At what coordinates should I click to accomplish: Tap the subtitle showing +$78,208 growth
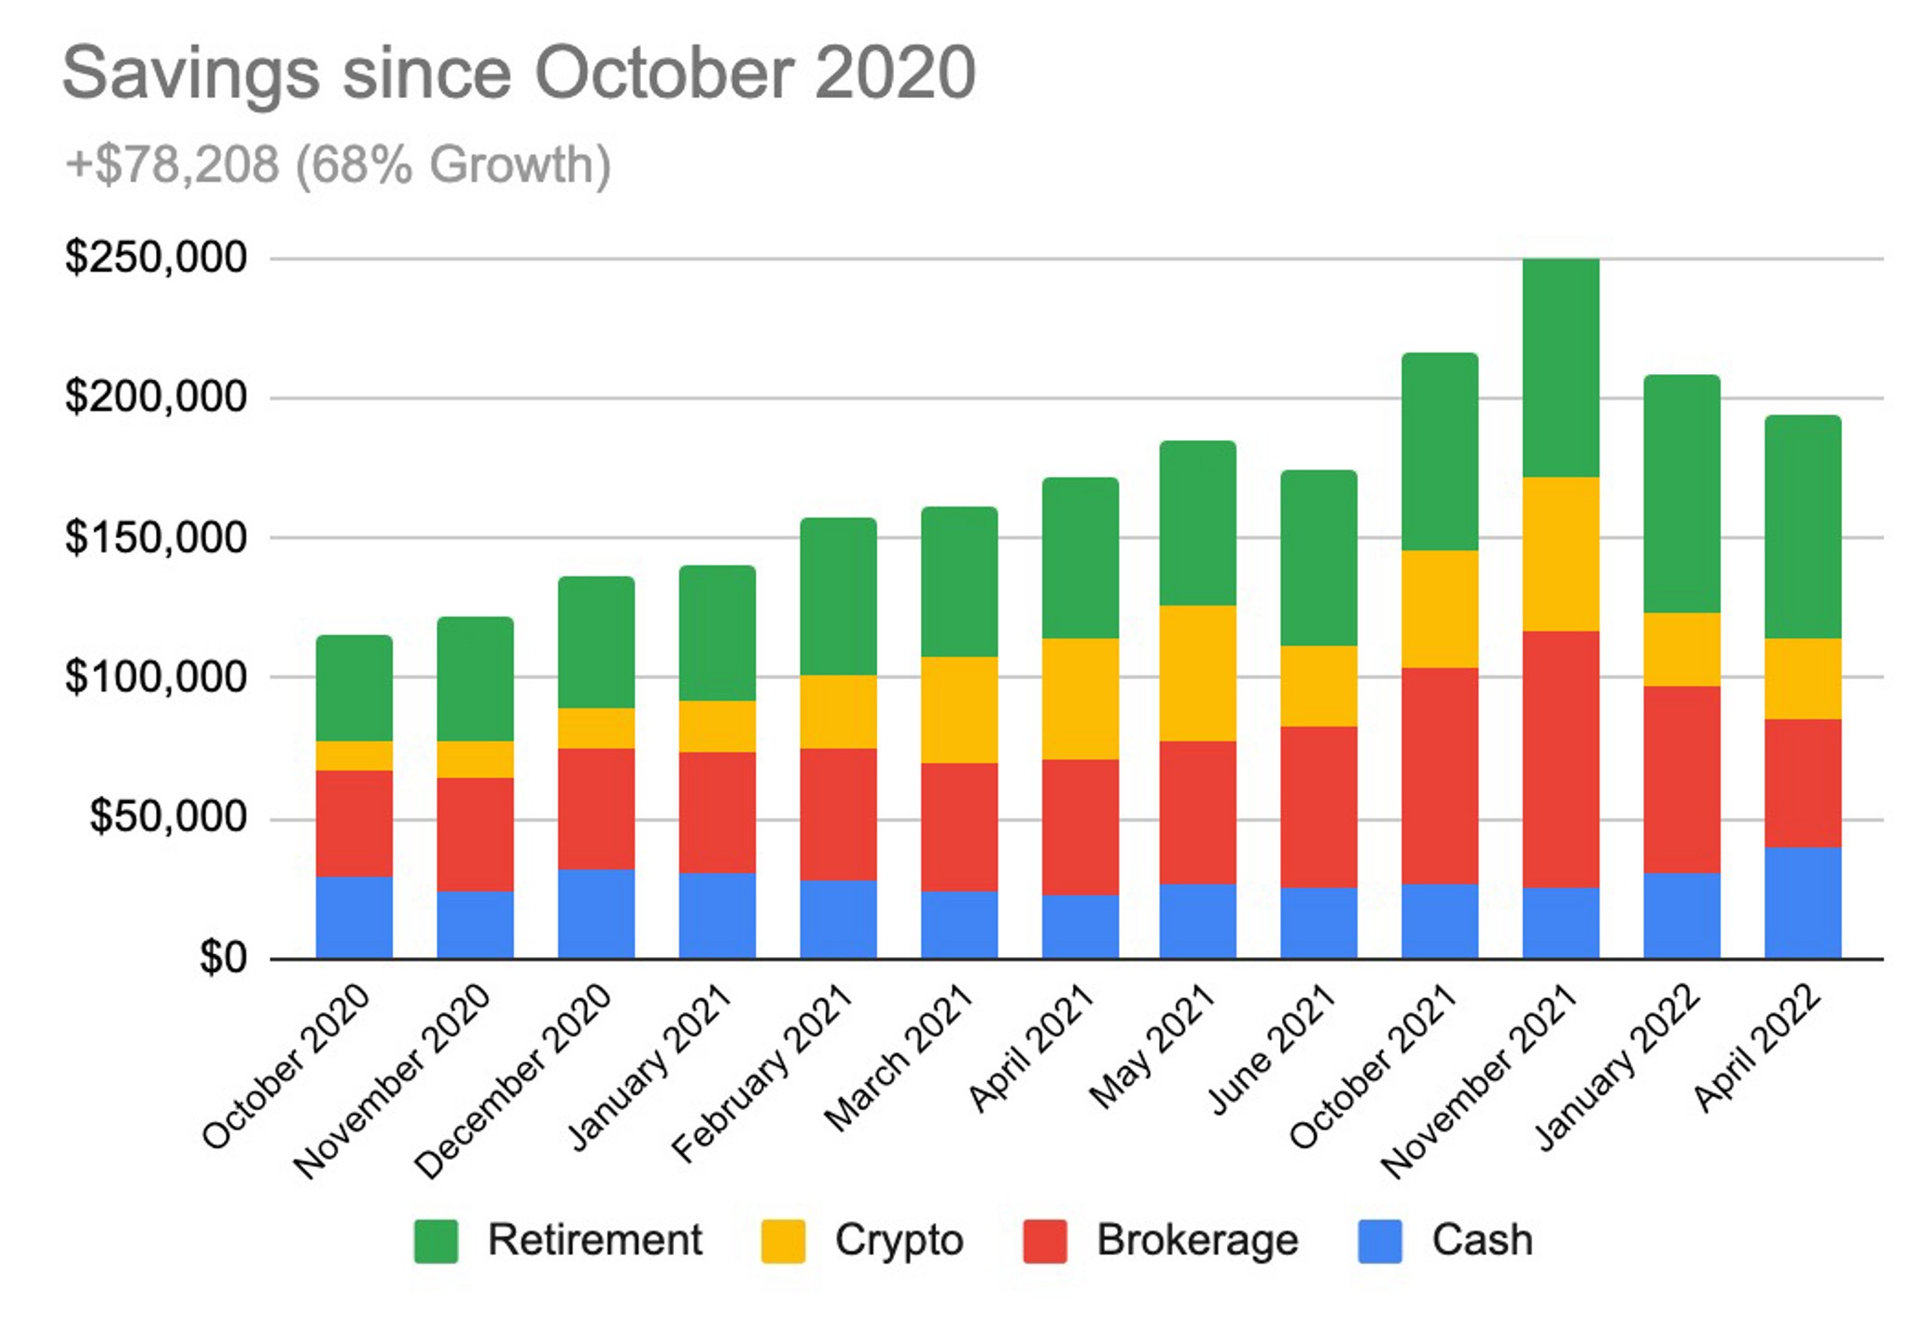pyautogui.click(x=338, y=165)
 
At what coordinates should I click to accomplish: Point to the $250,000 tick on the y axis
pyautogui.click(x=156, y=258)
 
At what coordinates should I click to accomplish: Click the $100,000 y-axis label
pyautogui.click(x=156, y=677)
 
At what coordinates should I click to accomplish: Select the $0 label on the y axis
pyautogui.click(x=223, y=958)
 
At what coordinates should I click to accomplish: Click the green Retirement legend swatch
pyautogui.click(x=436, y=1242)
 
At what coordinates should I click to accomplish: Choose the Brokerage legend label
pyautogui.click(x=1197, y=1241)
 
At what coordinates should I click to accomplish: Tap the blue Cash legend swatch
pyautogui.click(x=1379, y=1242)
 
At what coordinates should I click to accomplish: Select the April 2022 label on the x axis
pyautogui.click(x=1757, y=1049)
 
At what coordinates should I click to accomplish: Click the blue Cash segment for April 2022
pyautogui.click(x=1803, y=902)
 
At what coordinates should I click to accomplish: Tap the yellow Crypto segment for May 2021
pyautogui.click(x=1198, y=673)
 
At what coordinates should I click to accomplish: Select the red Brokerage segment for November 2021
pyautogui.click(x=1560, y=758)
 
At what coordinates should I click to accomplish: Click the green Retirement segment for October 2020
pyautogui.click(x=354, y=688)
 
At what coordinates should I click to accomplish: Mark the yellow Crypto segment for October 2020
pyautogui.click(x=354, y=756)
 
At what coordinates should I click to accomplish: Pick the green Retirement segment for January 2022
pyautogui.click(x=1681, y=493)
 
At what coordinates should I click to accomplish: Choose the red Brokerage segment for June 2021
pyautogui.click(x=1318, y=806)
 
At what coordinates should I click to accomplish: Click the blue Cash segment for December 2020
pyautogui.click(x=596, y=913)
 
